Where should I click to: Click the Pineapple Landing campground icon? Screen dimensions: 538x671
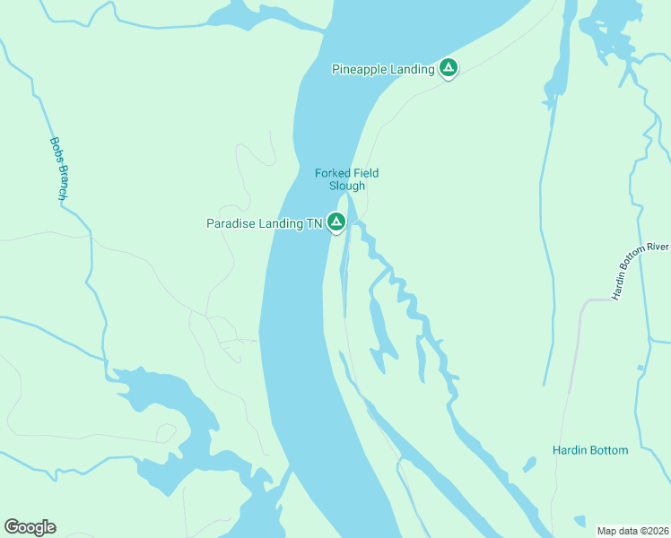pos(448,68)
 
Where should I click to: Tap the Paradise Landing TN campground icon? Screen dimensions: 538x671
pos(336,222)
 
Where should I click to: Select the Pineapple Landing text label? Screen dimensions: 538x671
pos(383,69)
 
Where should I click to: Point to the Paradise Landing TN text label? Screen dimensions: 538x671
pos(264,224)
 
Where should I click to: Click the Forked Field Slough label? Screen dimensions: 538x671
pos(346,179)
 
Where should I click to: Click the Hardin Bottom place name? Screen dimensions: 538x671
pos(589,450)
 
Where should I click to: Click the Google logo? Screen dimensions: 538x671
pos(30,527)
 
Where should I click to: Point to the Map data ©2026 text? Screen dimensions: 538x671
pos(633,531)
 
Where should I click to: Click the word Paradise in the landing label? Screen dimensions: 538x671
pos(230,224)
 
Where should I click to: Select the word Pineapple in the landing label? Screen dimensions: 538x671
pos(362,69)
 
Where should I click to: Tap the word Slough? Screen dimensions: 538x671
pos(347,187)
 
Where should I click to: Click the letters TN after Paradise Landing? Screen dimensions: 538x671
pos(313,224)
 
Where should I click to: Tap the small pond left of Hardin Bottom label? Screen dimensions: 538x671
pos(529,464)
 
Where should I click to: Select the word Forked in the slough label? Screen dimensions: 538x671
pos(332,173)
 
